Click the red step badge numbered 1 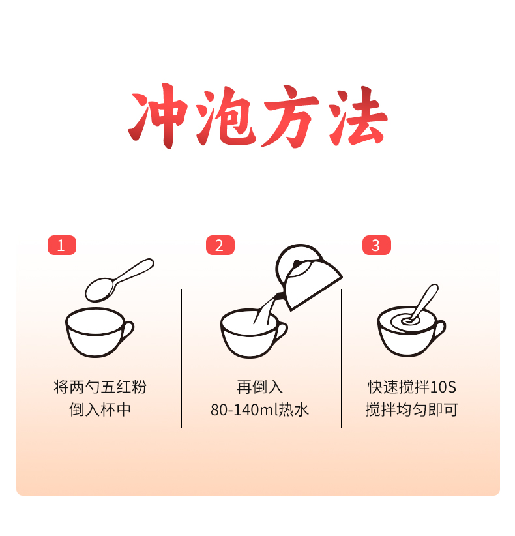(x=62, y=245)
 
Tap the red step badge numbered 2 (x=220, y=245)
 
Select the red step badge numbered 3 (x=377, y=245)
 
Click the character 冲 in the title (x=158, y=116)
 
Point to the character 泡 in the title (x=226, y=116)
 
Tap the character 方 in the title (x=291, y=116)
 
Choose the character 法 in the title (x=357, y=116)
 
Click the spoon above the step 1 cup (x=119, y=280)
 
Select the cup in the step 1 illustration (x=99, y=333)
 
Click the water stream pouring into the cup (x=265, y=309)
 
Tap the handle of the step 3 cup (x=440, y=330)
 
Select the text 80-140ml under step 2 (x=244, y=410)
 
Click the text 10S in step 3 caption (x=443, y=387)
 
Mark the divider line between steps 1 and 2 (x=181, y=359)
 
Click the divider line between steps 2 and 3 (x=341, y=359)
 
